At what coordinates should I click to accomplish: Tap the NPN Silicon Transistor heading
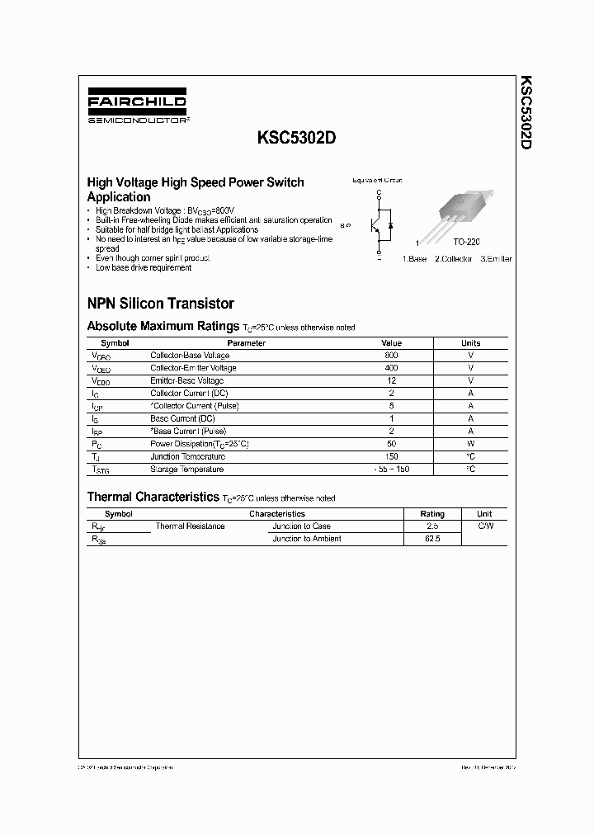pyautogui.click(x=160, y=304)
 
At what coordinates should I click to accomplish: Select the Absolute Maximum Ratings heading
pyautogui.click(x=163, y=326)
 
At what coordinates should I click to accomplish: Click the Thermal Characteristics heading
pyautogui.click(x=153, y=497)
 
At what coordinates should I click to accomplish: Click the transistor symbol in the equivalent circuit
pyautogui.click(x=380, y=224)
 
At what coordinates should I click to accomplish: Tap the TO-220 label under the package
pyautogui.click(x=466, y=244)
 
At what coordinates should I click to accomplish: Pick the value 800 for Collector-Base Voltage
pyautogui.click(x=391, y=356)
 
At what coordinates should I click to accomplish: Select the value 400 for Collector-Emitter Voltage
pyautogui.click(x=391, y=368)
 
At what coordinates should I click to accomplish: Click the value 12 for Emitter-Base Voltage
pyautogui.click(x=391, y=380)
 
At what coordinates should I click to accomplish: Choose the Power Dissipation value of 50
pyautogui.click(x=391, y=444)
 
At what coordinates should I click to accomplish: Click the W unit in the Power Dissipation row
pyautogui.click(x=470, y=444)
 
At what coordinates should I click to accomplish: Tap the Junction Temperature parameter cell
pyautogui.click(x=187, y=456)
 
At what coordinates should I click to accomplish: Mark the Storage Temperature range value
pyautogui.click(x=391, y=469)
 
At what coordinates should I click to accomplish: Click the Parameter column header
pyautogui.click(x=246, y=343)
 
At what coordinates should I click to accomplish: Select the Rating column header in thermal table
pyautogui.click(x=431, y=513)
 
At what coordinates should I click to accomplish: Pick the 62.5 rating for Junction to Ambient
pyautogui.click(x=431, y=539)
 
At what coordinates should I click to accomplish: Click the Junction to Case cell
pyautogui.click(x=301, y=526)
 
